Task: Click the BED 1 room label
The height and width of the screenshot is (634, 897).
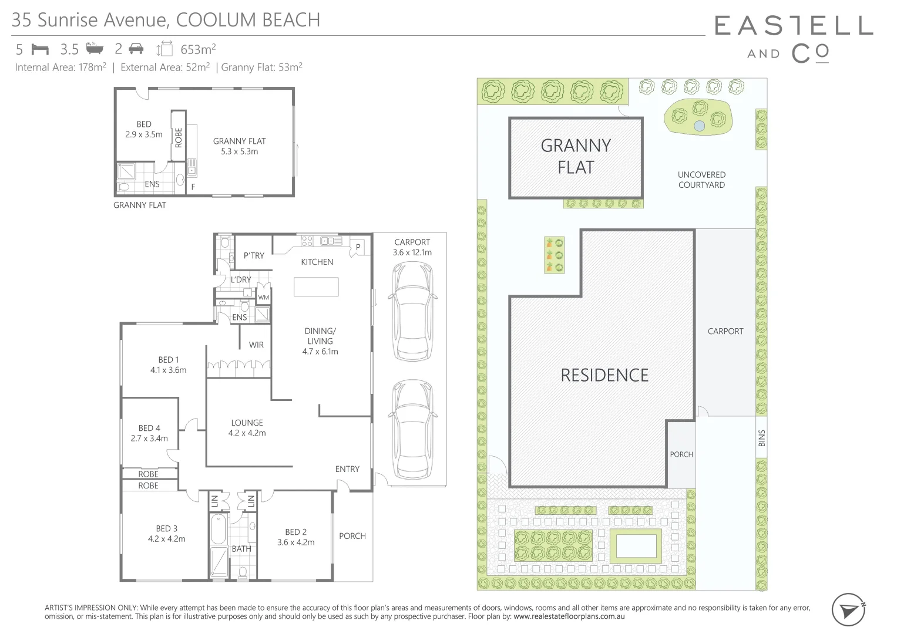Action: pos(168,365)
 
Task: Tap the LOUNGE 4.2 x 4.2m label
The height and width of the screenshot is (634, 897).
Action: pos(247,427)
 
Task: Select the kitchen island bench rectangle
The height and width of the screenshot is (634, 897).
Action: pos(316,286)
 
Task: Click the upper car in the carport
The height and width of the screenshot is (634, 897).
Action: pos(412,311)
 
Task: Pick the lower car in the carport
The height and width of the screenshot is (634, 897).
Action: pos(412,429)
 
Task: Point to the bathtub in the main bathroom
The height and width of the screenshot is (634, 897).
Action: pos(217,529)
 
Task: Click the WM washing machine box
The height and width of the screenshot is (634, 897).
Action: pos(264,298)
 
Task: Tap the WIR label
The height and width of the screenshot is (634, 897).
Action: pos(256,345)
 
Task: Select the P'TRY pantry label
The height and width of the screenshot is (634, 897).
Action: pos(254,255)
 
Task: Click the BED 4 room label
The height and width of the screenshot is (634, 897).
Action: pos(149,433)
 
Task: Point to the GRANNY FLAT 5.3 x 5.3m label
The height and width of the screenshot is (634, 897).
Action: pos(239,146)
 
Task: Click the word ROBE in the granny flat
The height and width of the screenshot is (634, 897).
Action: pos(179,137)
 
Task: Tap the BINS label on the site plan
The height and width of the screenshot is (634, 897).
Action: pos(761,438)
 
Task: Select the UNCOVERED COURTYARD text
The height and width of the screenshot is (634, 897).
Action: pos(701,180)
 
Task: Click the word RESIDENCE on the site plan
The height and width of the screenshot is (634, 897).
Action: pos(604,375)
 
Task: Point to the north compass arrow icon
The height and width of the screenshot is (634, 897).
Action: pos(849,610)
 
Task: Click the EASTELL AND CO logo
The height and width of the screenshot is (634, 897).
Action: pos(794,39)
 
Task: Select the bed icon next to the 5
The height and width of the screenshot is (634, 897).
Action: pos(39,49)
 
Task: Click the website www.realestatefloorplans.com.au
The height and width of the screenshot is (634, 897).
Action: pos(569,616)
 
